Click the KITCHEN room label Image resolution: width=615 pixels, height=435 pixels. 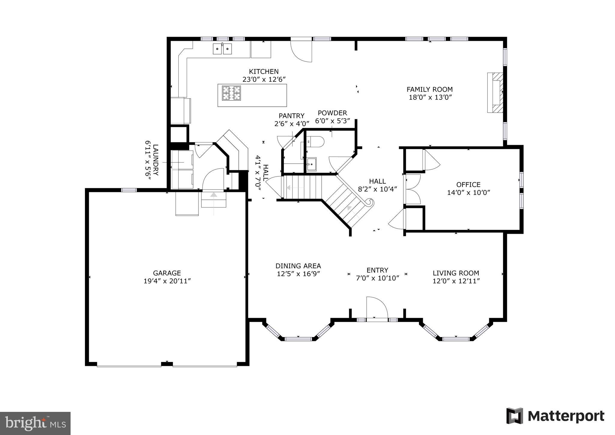click(x=264, y=71)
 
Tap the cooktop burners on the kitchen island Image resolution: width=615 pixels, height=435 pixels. click(x=231, y=93)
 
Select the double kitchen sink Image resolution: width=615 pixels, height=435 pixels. click(x=222, y=49)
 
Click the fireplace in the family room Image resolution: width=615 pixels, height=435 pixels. click(x=495, y=93)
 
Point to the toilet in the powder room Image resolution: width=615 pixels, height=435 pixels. click(x=315, y=141)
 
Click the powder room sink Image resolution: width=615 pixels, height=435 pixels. click(x=312, y=164)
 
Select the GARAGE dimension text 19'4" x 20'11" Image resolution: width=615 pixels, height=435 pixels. click(x=167, y=281)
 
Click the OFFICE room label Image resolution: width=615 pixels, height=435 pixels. click(x=468, y=184)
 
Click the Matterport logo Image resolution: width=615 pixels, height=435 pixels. click(x=555, y=416)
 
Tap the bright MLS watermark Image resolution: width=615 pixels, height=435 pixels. click(x=35, y=424)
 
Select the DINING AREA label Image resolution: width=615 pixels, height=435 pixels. click(x=298, y=266)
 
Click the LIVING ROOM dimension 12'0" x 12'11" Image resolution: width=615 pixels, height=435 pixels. click(x=456, y=281)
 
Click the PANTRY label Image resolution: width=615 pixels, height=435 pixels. click(x=291, y=116)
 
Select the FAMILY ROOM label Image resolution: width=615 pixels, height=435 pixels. click(x=429, y=89)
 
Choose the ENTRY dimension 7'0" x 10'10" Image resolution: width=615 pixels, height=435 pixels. click(x=377, y=278)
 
